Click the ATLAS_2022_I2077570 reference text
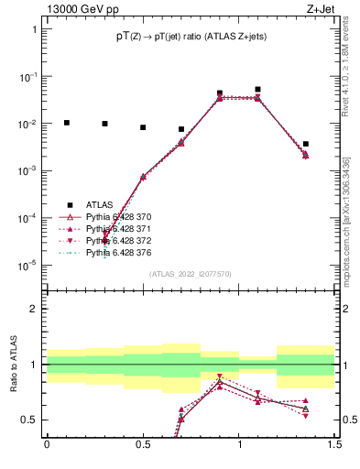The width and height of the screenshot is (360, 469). tap(190, 274)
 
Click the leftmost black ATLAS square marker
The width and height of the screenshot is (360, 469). tap(66, 122)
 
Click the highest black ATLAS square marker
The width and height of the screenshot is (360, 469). tap(258, 90)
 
